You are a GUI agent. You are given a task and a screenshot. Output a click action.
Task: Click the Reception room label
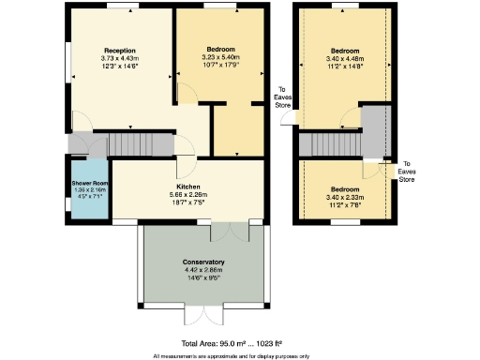tap(120, 50)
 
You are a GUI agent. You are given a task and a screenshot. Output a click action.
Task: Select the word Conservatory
tap(203, 262)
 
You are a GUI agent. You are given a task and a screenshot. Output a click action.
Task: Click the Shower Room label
tap(90, 185)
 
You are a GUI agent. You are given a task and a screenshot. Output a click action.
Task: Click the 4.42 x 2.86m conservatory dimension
tap(203, 270)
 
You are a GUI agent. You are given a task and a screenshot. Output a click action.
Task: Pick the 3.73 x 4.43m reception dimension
tap(120, 58)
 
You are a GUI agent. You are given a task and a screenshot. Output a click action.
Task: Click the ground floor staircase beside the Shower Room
tap(137, 144)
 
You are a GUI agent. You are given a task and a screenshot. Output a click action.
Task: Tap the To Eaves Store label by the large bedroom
tap(282, 97)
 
